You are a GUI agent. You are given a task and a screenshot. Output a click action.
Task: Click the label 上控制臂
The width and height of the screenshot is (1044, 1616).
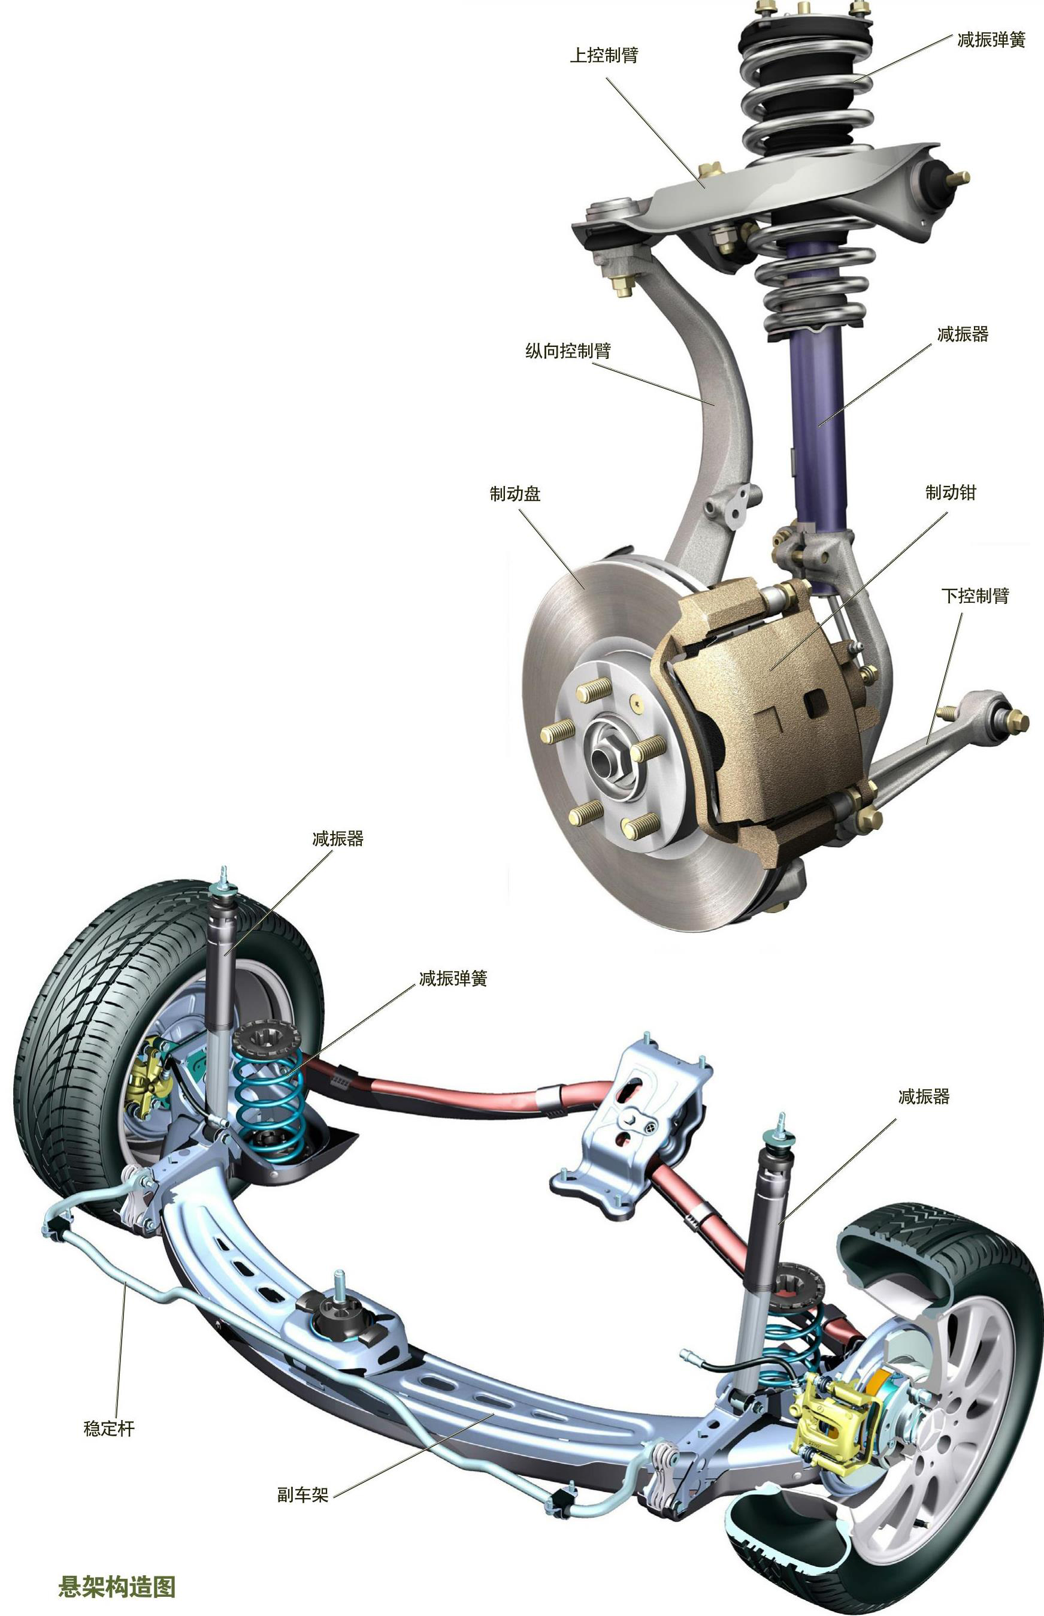pos(603,55)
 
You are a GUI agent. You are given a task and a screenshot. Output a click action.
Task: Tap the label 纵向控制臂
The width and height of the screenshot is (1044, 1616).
pos(568,351)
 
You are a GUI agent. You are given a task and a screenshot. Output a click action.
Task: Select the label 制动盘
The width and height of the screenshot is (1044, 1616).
pos(515,494)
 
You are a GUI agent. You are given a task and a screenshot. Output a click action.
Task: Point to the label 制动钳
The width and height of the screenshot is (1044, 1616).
pos(951,493)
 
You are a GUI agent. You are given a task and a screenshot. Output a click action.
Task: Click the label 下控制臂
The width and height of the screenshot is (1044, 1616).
pos(976,596)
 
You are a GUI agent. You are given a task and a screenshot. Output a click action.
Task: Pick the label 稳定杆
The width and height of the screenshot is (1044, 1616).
pos(109,1429)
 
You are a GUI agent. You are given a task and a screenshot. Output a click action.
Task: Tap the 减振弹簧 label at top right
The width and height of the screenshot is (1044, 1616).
pos(991,40)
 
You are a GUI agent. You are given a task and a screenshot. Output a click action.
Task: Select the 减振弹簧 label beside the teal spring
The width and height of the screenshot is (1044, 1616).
pos(453,978)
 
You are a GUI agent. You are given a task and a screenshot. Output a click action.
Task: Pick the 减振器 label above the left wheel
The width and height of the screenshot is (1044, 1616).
pos(338,839)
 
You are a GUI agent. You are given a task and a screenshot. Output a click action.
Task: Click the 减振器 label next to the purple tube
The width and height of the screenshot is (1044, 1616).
pos(963,334)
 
